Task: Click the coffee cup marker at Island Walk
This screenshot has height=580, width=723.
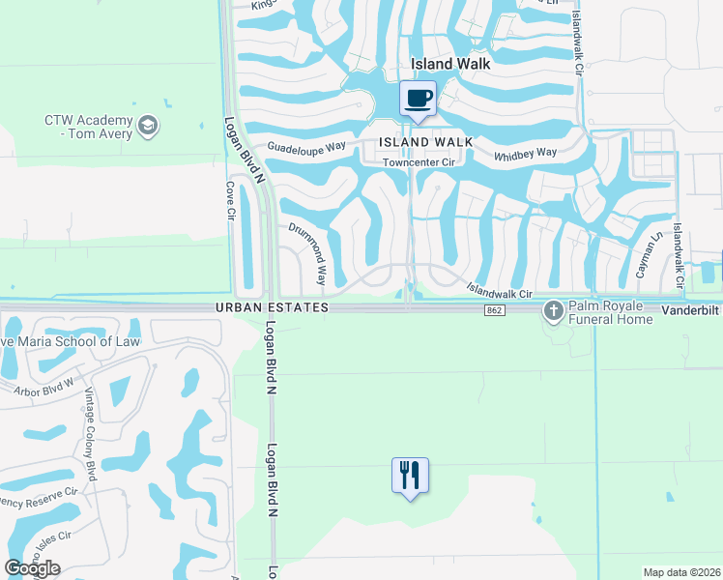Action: click(x=418, y=98)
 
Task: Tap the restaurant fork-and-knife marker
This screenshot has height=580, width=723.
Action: click(x=410, y=475)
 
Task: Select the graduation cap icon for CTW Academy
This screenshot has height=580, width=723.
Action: click(x=148, y=125)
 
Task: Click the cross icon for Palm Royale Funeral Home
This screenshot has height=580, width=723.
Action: click(x=554, y=310)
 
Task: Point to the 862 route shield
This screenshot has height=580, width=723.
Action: click(x=494, y=308)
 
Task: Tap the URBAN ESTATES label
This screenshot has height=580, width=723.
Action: click(x=273, y=307)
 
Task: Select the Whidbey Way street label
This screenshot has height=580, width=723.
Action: click(x=526, y=153)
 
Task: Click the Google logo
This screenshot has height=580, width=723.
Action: click(x=32, y=568)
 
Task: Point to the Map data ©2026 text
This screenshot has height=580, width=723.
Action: click(x=681, y=572)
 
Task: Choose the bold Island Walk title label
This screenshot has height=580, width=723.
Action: click(x=451, y=64)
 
